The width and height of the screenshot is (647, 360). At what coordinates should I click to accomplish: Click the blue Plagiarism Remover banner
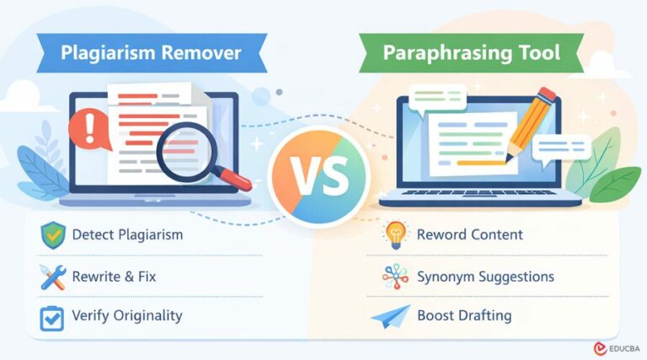[151, 52]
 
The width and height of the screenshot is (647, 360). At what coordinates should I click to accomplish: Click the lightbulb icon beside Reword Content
[394, 235]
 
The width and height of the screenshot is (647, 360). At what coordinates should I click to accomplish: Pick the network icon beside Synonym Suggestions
[394, 277]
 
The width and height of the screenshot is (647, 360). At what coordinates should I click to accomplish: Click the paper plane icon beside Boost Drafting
[394, 318]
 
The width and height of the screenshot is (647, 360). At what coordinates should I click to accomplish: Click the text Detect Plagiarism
[126, 235]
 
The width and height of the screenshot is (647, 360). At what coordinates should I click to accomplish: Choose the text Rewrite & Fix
[114, 277]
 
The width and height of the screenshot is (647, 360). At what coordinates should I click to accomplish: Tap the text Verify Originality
[126, 317]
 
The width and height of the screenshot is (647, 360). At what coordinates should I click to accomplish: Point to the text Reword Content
[469, 234]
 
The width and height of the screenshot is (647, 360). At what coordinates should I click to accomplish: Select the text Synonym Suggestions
[485, 277]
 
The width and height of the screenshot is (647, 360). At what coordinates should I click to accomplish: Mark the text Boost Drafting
[464, 317]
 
